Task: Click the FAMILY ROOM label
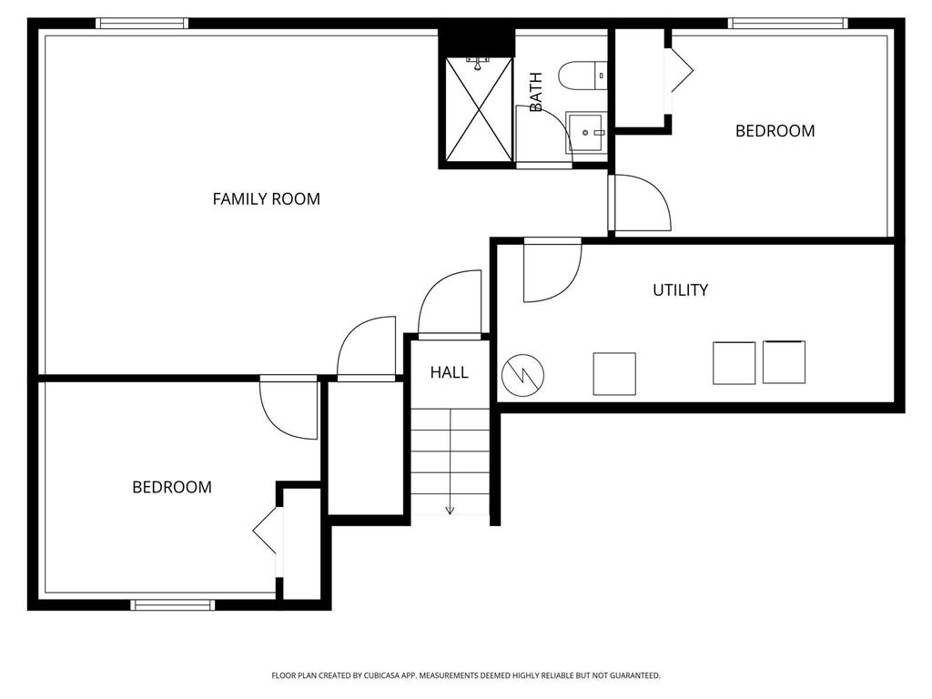point(266,198)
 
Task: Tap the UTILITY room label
point(680,290)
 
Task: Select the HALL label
point(450,372)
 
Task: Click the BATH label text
point(536,92)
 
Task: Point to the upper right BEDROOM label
point(775,131)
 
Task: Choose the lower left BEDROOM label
point(172,487)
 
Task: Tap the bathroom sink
point(584,133)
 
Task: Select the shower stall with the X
point(479,109)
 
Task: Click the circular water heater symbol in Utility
point(523,373)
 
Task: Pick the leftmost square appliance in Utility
point(614,373)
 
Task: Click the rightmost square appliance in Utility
point(784,361)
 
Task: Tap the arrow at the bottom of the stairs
point(450,509)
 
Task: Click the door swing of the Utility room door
point(550,271)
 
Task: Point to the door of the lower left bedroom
point(288,407)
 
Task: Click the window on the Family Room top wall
point(142,24)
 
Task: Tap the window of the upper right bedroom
point(788,24)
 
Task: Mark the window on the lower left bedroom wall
point(173,604)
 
